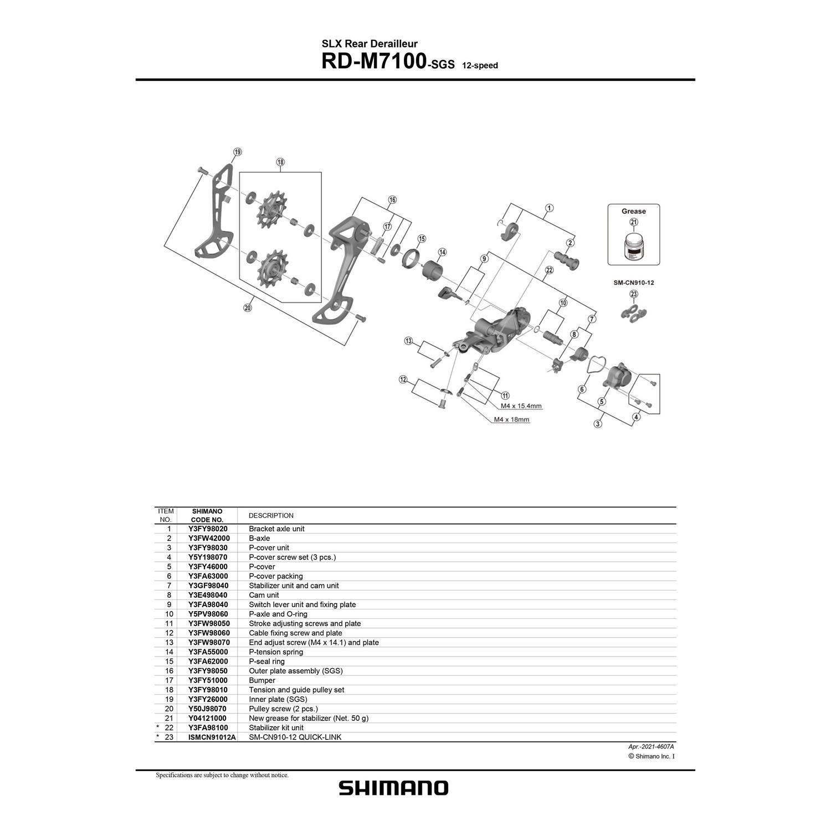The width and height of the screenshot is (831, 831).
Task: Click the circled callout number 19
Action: pos(237,152)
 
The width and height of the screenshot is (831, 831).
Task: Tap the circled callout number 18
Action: pos(280,162)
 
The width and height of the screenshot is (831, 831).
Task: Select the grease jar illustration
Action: pos(633,247)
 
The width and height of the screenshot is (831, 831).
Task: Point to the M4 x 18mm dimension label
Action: pos(511,419)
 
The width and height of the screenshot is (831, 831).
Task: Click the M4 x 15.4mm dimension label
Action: pos(521,406)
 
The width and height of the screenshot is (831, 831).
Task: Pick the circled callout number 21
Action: pos(633,222)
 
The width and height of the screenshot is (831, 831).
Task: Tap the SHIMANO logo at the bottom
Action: pos(393,788)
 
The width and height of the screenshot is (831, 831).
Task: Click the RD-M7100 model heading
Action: pos(373,61)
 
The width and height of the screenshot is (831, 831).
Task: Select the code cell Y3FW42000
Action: pos(209,538)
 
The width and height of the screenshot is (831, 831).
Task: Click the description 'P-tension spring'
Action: pos(276,652)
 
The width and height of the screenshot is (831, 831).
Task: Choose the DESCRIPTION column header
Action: pos(271,515)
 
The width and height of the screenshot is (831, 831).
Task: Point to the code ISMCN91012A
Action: pos(212,737)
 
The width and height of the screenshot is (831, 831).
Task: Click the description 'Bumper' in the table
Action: pos(262,680)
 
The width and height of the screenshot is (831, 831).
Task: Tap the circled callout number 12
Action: pos(403,379)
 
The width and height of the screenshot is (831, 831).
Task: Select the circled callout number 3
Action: pos(597,424)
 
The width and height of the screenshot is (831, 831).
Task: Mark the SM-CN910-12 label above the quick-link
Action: pos(633,283)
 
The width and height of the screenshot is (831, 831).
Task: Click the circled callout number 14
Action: pos(442,252)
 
